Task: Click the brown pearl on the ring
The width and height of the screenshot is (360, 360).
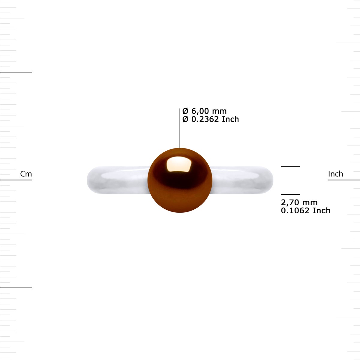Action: [x=180, y=180]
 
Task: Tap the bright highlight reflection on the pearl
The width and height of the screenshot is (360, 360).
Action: [x=179, y=164]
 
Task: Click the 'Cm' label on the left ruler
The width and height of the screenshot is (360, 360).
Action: [x=26, y=174]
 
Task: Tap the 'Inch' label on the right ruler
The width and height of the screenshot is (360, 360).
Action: [x=335, y=174]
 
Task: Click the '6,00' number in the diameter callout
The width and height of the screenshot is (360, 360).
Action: [x=200, y=111]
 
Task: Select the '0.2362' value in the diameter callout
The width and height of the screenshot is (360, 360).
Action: [x=205, y=119]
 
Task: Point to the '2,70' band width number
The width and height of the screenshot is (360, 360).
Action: [x=289, y=202]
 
